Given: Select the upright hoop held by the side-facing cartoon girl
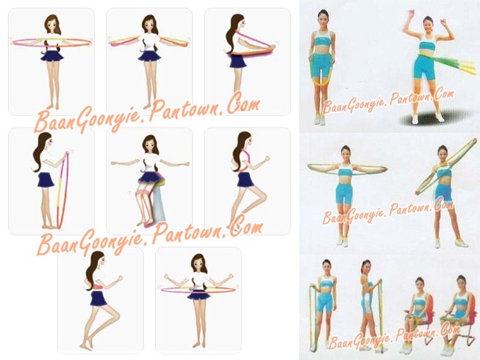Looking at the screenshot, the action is [x=63, y=190].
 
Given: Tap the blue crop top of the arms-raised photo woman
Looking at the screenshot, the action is [x=426, y=46].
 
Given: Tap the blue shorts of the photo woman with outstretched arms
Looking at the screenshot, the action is [x=344, y=193].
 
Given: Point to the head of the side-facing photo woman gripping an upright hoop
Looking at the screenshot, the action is [x=366, y=267].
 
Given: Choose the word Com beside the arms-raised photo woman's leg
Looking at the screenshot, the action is [x=443, y=93].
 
